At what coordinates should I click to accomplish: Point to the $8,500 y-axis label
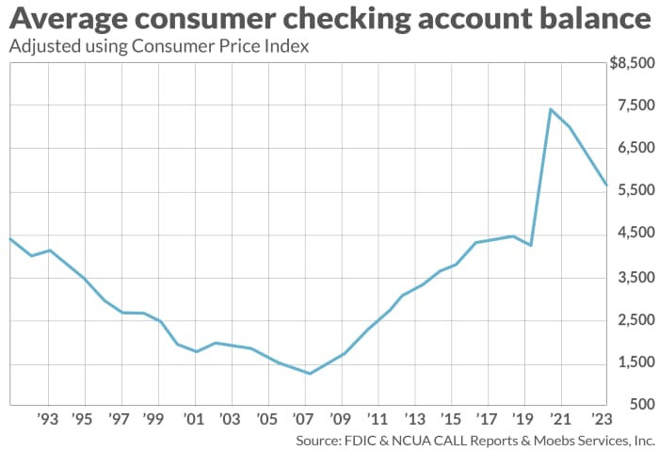pos(631,63)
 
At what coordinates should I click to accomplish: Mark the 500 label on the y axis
pos(640,406)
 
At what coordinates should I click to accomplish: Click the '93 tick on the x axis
pos(48,419)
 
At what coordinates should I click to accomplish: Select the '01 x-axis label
pos(194,419)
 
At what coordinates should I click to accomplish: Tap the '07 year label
pos(303,419)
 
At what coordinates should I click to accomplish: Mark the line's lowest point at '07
pos(309,374)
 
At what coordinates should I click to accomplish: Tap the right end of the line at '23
pos(605,185)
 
